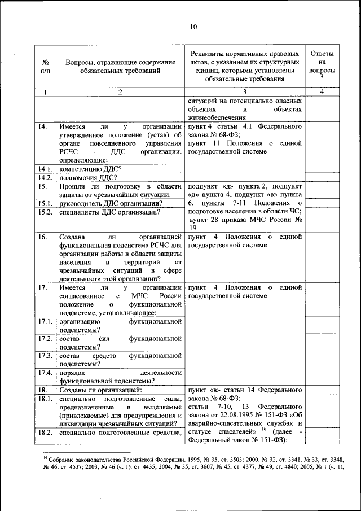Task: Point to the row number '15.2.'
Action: coord(45,212)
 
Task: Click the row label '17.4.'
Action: coord(45,373)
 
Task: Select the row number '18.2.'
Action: coord(45,432)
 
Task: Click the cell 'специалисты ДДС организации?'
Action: coord(109,212)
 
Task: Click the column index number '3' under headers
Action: coord(245,92)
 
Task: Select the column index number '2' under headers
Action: coord(120,92)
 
